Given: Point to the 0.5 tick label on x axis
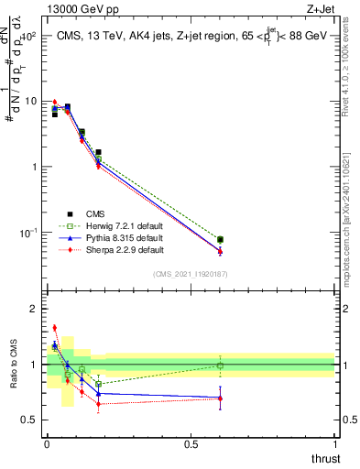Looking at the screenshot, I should click(191, 444).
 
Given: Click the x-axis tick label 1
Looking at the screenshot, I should click(335, 444).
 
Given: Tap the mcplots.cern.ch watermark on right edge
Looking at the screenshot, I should click(352, 211).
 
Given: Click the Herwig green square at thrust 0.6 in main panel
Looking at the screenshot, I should click(220, 240).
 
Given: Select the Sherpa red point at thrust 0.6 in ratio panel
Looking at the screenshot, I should click(220, 398).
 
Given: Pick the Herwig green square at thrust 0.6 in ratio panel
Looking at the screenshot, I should click(220, 365).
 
